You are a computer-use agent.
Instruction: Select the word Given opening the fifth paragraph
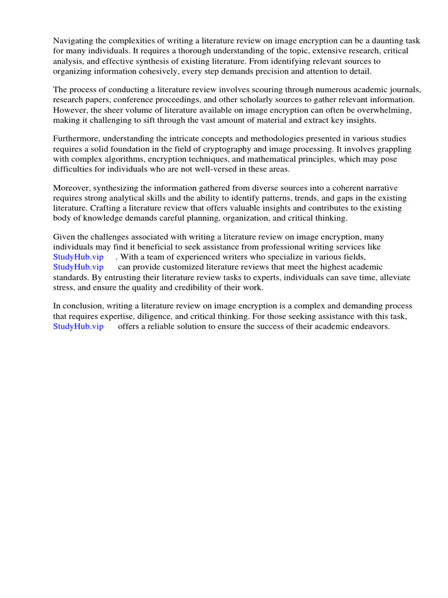(64, 237)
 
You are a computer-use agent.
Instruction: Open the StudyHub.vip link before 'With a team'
(78, 257)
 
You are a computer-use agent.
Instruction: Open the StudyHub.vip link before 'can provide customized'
(78, 267)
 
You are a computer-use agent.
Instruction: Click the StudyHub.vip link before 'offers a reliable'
(78, 326)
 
